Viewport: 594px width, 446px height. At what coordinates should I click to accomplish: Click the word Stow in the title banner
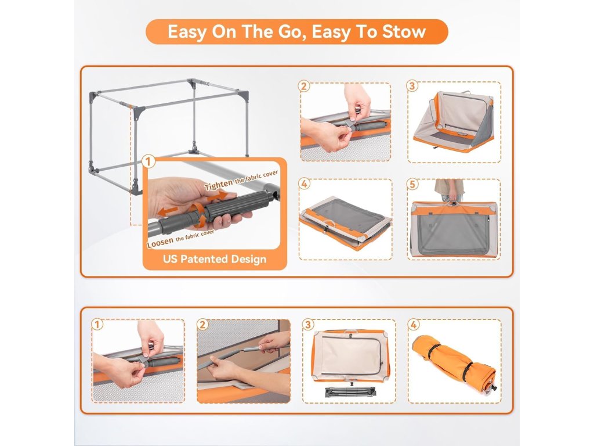pos(404,31)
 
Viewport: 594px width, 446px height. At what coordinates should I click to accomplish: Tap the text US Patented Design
pos(215,259)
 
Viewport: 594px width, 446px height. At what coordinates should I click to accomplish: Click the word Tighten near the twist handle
pos(219,185)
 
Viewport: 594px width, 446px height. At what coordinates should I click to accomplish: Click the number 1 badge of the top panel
pos(148,161)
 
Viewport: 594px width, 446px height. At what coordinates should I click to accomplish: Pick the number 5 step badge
pos(412,184)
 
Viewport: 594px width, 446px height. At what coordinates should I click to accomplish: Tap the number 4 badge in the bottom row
pos(413,325)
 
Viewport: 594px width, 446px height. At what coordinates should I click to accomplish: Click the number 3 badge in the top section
pos(412,86)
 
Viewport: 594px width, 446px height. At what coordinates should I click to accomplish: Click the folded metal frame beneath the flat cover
pos(350,391)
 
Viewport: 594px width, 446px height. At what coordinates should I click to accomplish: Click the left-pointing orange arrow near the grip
pos(168,211)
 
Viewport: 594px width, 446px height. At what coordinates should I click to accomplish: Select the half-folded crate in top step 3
pos(453,121)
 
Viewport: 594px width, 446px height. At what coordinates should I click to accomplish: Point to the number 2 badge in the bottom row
pos(202,325)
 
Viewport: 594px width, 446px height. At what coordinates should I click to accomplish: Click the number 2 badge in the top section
pos(304,86)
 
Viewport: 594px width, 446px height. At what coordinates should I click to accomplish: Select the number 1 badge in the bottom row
pos(97,325)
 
